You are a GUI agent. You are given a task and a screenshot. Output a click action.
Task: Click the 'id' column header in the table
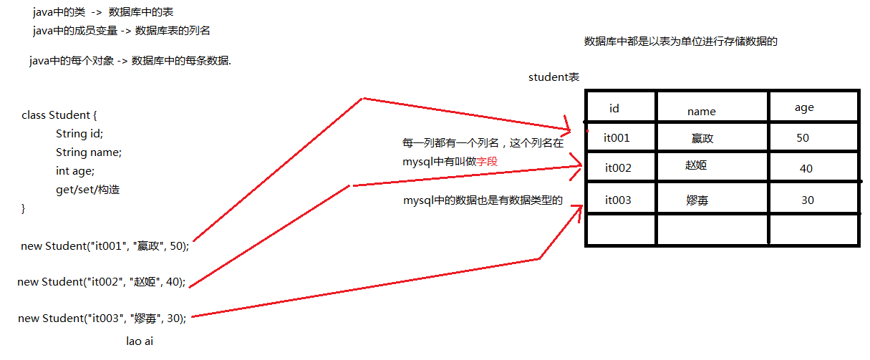click(614, 109)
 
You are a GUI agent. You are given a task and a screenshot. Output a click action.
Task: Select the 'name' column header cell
click(701, 111)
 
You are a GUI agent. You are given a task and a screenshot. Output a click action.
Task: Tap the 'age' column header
click(804, 107)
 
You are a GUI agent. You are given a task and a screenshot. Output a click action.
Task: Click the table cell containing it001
click(617, 138)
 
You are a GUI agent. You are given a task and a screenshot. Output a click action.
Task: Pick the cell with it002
click(618, 168)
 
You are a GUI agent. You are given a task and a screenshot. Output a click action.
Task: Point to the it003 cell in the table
click(618, 200)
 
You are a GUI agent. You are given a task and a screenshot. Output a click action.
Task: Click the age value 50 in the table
click(803, 137)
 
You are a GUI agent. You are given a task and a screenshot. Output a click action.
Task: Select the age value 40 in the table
click(806, 169)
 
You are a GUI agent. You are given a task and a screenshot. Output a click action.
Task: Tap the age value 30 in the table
click(808, 200)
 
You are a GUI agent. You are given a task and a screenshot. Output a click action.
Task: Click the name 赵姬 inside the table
click(696, 165)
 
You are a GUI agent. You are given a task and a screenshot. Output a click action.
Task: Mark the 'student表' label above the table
click(554, 77)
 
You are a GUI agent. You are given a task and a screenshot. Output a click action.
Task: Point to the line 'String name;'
click(89, 152)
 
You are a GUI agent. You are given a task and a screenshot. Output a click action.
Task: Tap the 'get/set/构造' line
click(88, 190)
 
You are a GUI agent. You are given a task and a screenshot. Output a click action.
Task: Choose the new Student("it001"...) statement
click(105, 246)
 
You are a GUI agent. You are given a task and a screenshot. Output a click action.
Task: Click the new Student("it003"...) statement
click(102, 318)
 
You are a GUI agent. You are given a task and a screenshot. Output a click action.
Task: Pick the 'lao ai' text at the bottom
click(140, 341)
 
